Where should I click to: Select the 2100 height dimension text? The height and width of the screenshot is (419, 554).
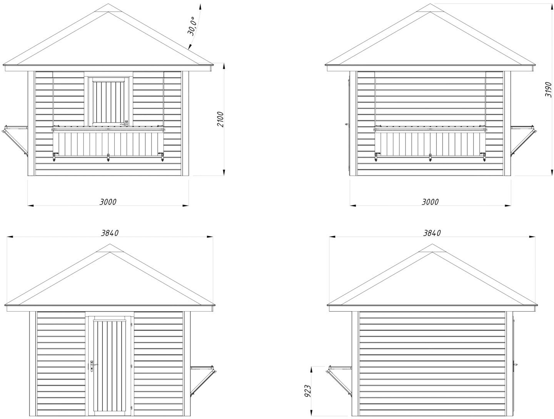click(x=220, y=120)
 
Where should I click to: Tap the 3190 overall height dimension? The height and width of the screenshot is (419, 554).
click(x=549, y=89)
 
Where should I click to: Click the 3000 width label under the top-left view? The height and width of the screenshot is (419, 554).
click(x=108, y=202)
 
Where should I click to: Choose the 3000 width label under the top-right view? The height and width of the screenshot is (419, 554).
click(x=430, y=202)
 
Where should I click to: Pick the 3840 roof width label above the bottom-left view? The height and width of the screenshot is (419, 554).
click(x=110, y=233)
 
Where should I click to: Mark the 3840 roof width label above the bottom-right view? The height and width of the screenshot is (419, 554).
click(x=432, y=233)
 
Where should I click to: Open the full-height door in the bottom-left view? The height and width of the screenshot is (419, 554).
click(x=110, y=364)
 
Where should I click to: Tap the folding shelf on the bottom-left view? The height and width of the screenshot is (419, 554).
click(x=203, y=379)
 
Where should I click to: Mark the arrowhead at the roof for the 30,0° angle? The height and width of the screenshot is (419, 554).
click(x=189, y=49)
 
